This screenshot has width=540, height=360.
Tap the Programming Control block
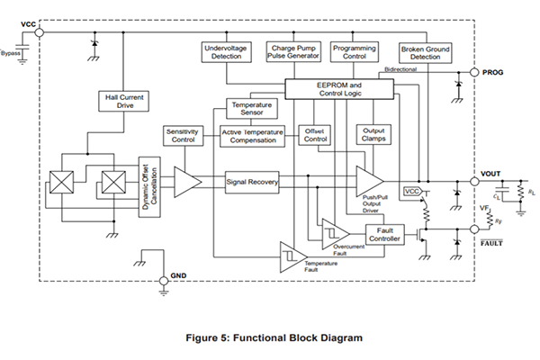pyautogui.click(x=355, y=51)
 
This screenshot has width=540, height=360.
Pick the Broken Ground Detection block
pyautogui.click(x=425, y=52)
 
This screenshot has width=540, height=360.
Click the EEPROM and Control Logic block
pyautogui.click(x=338, y=88)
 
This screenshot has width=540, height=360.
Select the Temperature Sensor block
pyautogui.click(x=252, y=109)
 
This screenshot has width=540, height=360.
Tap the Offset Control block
pyautogui.click(x=315, y=135)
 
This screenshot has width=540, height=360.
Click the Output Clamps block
pyautogui.click(x=374, y=135)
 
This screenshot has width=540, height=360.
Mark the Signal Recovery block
pyautogui.click(x=252, y=182)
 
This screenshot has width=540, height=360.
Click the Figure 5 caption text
pyautogui.click(x=274, y=338)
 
